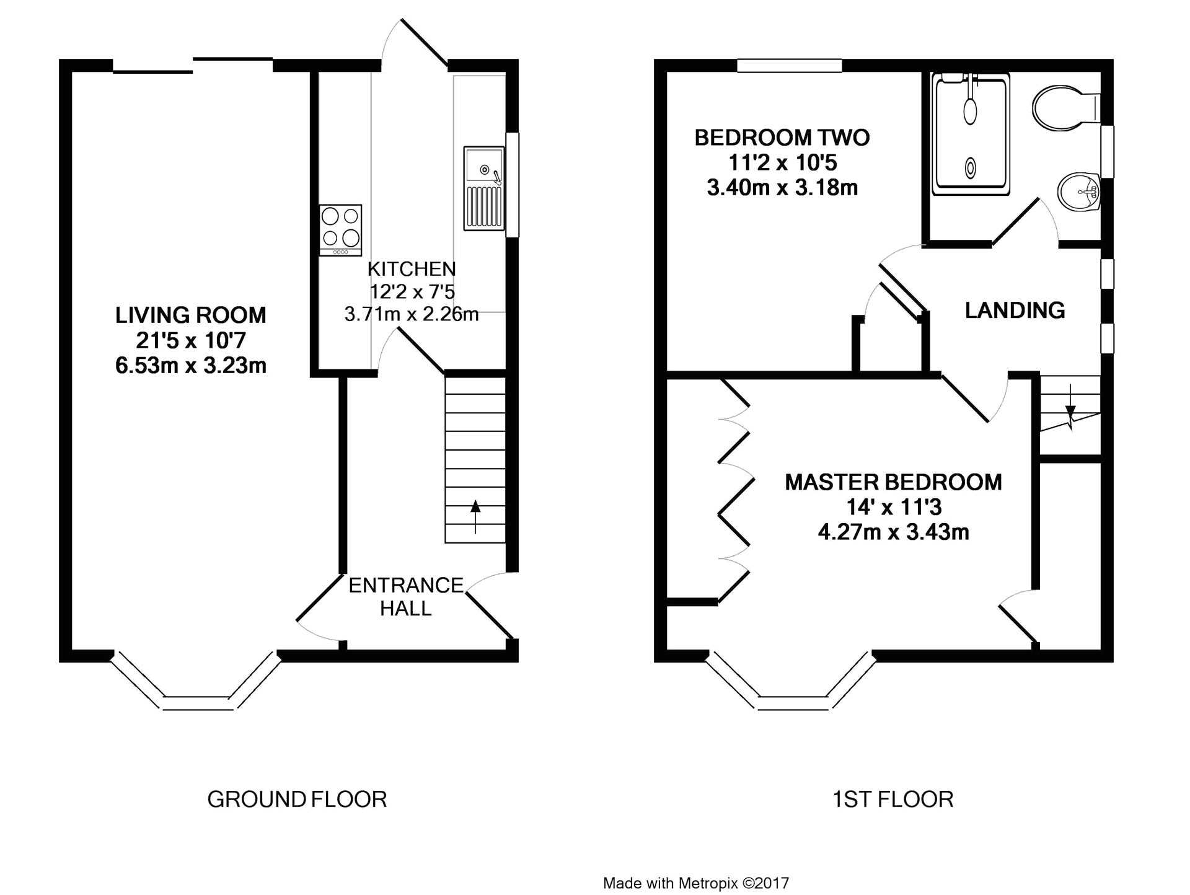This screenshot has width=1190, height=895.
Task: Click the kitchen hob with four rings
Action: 340,230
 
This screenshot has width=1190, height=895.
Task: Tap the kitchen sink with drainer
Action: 484,188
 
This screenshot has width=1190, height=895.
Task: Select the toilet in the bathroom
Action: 1066,110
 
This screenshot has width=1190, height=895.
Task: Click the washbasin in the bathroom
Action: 1079,192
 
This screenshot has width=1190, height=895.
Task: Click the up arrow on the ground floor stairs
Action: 475,516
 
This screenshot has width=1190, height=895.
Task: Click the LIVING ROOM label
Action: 191,315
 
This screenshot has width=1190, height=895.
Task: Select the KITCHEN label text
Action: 412,269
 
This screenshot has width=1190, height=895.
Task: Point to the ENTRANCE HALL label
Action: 406,596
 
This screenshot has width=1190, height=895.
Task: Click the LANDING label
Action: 1015,310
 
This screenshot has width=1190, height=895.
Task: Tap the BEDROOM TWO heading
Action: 782,137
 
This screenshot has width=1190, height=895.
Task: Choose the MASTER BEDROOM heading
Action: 893,482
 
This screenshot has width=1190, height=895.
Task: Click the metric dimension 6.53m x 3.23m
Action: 191,365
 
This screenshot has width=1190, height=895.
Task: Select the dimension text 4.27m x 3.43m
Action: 893,532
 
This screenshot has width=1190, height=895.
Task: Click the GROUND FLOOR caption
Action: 297,800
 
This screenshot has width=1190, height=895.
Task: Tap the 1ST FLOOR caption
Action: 892,800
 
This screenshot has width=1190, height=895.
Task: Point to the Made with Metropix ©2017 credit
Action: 696,883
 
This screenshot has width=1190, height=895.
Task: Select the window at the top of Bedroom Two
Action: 790,65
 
